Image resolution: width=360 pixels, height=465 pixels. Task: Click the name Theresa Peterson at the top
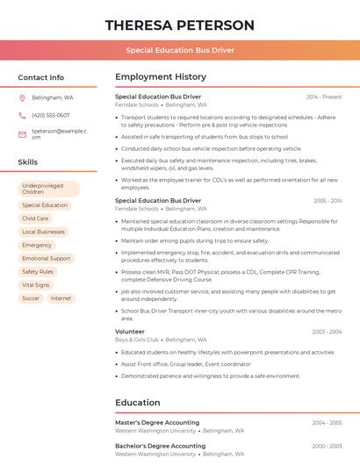coord(180,25)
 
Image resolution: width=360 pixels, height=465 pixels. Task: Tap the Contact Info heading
coord(41,77)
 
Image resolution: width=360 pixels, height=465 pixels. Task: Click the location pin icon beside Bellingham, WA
coord(22,97)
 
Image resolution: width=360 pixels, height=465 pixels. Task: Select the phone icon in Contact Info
coord(22,115)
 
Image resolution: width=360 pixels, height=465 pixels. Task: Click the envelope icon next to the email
coord(22,134)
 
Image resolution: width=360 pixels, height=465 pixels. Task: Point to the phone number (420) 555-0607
coord(50,115)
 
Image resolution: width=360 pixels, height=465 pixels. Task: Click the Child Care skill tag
coord(35,218)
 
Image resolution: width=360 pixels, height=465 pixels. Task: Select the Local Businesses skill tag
coord(43,232)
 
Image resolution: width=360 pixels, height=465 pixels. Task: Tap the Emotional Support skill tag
coord(46,259)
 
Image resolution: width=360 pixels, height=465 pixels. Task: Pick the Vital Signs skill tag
coord(36,285)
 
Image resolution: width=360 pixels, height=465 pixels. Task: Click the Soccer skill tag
coord(31,298)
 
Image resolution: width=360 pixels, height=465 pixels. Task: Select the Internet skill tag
coord(61,298)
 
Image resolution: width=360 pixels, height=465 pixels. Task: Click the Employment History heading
coord(161,77)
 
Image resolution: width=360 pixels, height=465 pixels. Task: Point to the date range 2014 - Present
coord(324,97)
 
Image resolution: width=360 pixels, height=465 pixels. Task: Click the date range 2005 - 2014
coord(327,201)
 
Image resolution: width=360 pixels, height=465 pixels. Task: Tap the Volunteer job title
coord(130,332)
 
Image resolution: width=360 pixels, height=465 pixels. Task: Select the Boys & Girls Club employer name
coord(137,340)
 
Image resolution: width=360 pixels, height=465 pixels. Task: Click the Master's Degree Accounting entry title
coord(157,423)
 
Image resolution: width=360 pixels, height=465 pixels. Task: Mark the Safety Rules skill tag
coord(38,272)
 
